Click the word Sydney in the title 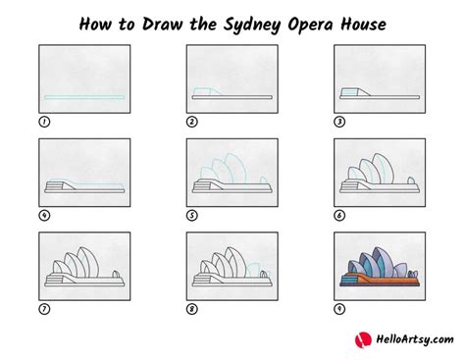coord(252,26)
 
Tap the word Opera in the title coord(310,26)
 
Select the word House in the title coord(363,25)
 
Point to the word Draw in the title coord(162,25)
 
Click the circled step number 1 coord(44,122)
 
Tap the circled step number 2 coord(192,122)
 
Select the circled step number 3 coord(339,122)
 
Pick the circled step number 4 coord(44,216)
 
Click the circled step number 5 coord(192,216)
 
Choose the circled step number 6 coord(339,216)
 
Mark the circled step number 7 coord(44,309)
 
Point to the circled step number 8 coord(192,309)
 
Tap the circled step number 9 coord(339,309)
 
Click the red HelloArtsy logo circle coord(363,339)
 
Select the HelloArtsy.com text coord(415,339)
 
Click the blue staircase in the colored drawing coord(349,280)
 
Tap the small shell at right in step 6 coord(411,180)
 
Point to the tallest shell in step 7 coord(88,262)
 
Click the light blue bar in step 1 coord(84,97)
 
